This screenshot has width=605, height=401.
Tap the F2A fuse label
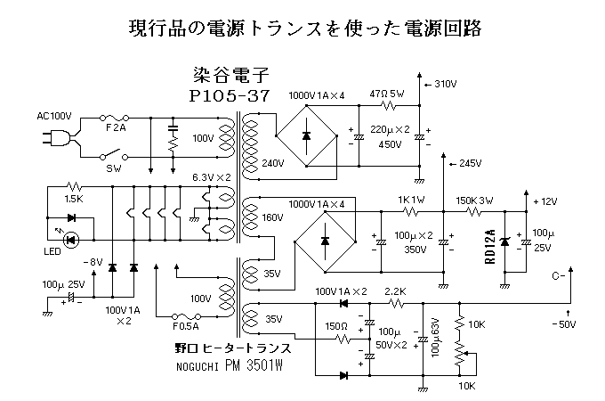click(117, 128)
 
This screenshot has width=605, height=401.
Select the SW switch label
click(114, 167)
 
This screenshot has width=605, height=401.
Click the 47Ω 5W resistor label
click(387, 93)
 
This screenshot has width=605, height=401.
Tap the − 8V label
click(93, 261)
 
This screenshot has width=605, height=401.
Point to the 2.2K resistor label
click(395, 292)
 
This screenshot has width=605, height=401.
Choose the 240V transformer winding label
click(273, 163)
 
